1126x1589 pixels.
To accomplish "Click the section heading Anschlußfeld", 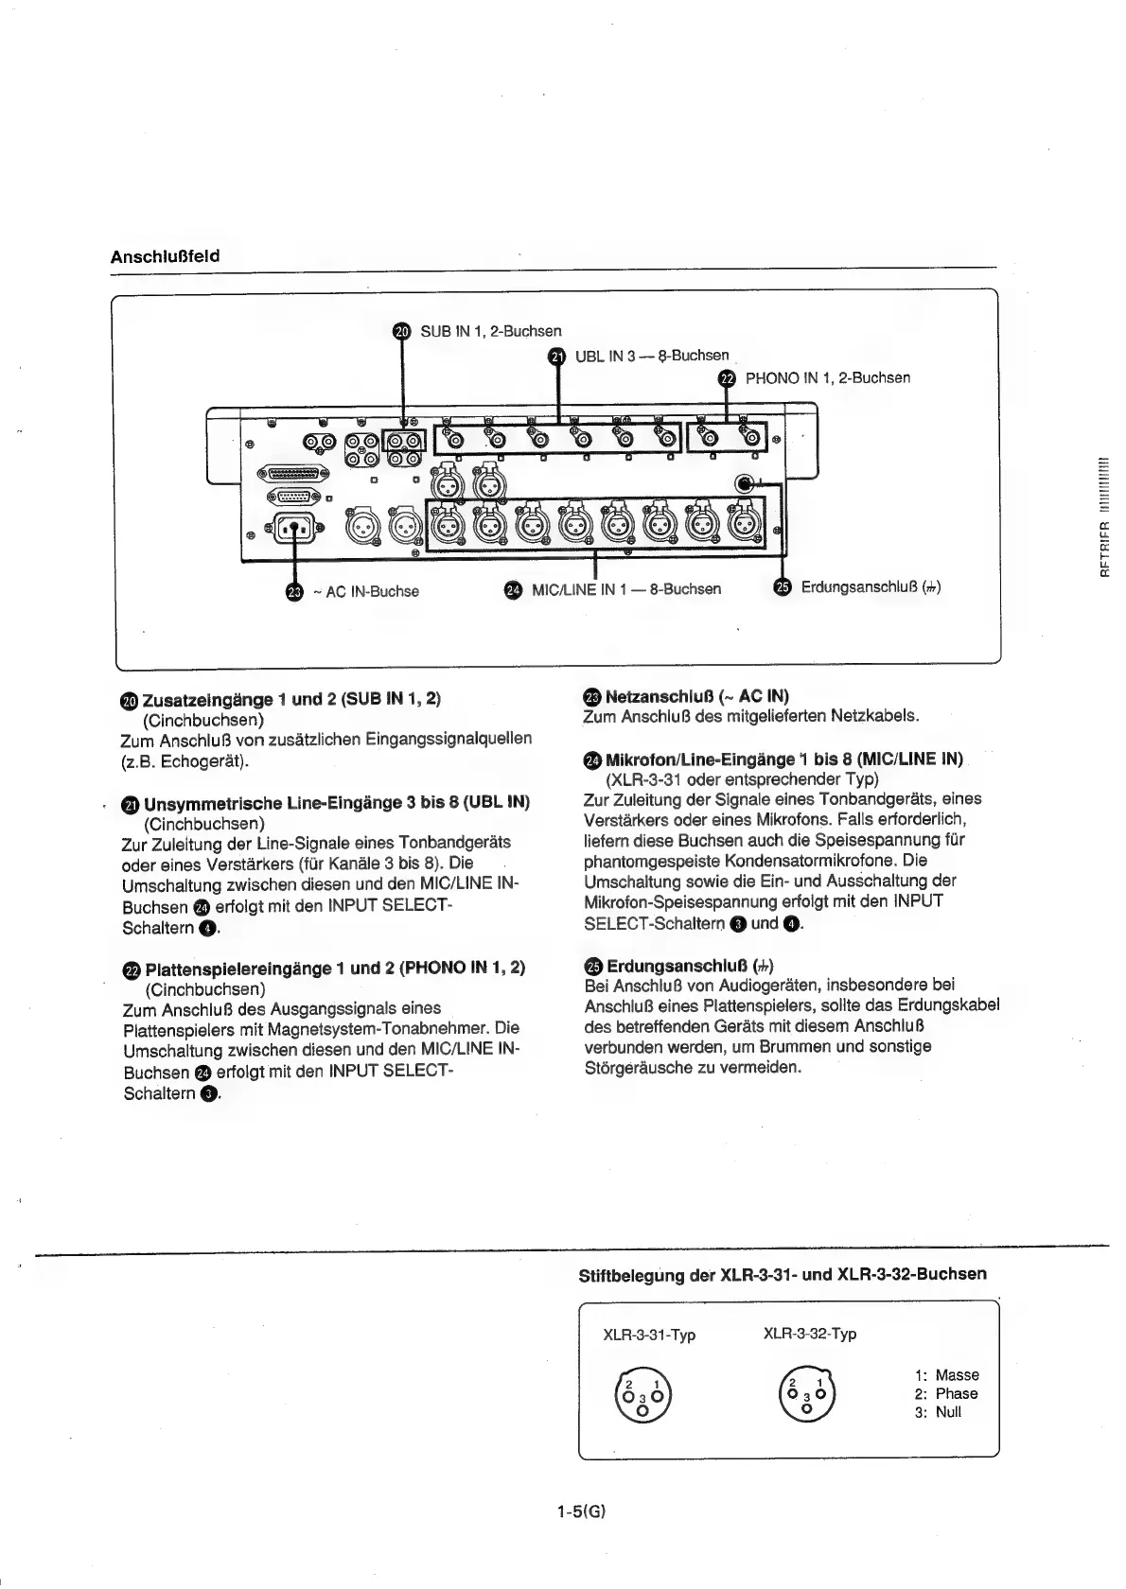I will (x=165, y=256).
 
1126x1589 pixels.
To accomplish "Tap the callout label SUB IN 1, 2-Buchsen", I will (x=490, y=331).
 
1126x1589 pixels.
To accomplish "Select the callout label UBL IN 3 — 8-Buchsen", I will (x=652, y=356).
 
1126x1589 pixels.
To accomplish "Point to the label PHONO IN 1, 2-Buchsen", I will (x=828, y=378).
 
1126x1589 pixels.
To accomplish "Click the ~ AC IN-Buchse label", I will (x=371, y=592).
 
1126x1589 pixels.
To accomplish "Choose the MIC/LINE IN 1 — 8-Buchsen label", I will (x=625, y=589).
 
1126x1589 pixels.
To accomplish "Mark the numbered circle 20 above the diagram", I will (x=402, y=331).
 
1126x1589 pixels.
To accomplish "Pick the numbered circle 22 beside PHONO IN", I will (x=727, y=378).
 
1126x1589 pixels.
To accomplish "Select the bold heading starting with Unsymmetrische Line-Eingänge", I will (x=336, y=803).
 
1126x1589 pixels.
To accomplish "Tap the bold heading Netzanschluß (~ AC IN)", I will (x=696, y=697).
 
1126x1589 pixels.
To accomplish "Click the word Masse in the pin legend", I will (x=957, y=1375).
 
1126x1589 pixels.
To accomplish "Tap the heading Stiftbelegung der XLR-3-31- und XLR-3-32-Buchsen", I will (x=782, y=1274).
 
